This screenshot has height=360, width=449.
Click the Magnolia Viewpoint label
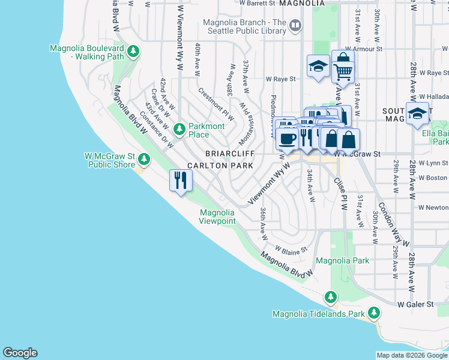click(217, 217)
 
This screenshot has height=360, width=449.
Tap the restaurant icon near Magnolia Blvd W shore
click(181, 180)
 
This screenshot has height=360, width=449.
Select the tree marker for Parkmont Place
click(179, 129)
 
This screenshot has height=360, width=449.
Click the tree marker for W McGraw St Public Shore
click(143, 159)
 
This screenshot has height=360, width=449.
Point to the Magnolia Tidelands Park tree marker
click(375, 313)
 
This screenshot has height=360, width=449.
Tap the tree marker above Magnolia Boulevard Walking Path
click(133, 52)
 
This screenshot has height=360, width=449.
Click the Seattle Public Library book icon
click(295, 25)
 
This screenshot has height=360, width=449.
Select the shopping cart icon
click(343, 71)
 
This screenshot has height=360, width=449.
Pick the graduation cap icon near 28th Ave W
click(417, 113)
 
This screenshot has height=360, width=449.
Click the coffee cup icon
click(287, 139)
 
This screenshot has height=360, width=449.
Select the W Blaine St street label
click(291, 249)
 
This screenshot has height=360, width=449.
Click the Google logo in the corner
click(20, 353)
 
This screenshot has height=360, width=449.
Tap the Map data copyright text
click(412, 355)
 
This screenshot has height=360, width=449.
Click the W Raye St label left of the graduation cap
click(281, 79)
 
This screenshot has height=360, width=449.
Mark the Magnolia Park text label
click(342, 260)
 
